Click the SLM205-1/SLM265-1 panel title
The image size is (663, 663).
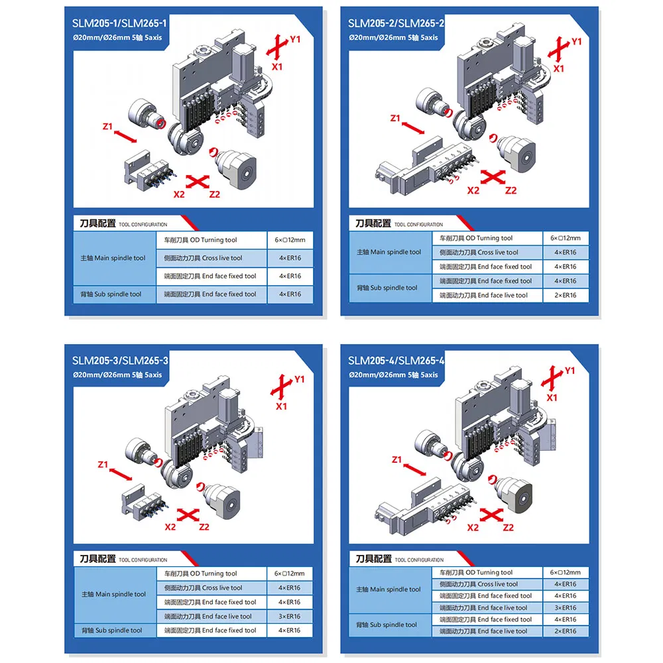[119, 24]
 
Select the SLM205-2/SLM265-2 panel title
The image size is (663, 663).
[396, 24]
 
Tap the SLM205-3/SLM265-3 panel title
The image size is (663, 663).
[119, 361]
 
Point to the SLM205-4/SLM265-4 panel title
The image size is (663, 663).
[396, 361]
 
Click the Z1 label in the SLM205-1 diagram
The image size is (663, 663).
[108, 126]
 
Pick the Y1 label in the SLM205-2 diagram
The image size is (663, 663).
[576, 41]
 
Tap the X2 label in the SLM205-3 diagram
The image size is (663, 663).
[170, 527]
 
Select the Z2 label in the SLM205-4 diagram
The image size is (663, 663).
[509, 528]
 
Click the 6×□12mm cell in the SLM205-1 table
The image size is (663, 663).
[290, 240]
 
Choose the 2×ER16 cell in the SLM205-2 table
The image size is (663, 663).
[566, 295]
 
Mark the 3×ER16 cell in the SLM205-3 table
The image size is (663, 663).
[290, 617]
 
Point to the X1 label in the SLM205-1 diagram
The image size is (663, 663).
[276, 67]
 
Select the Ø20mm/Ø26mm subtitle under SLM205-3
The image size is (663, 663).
[117, 375]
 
